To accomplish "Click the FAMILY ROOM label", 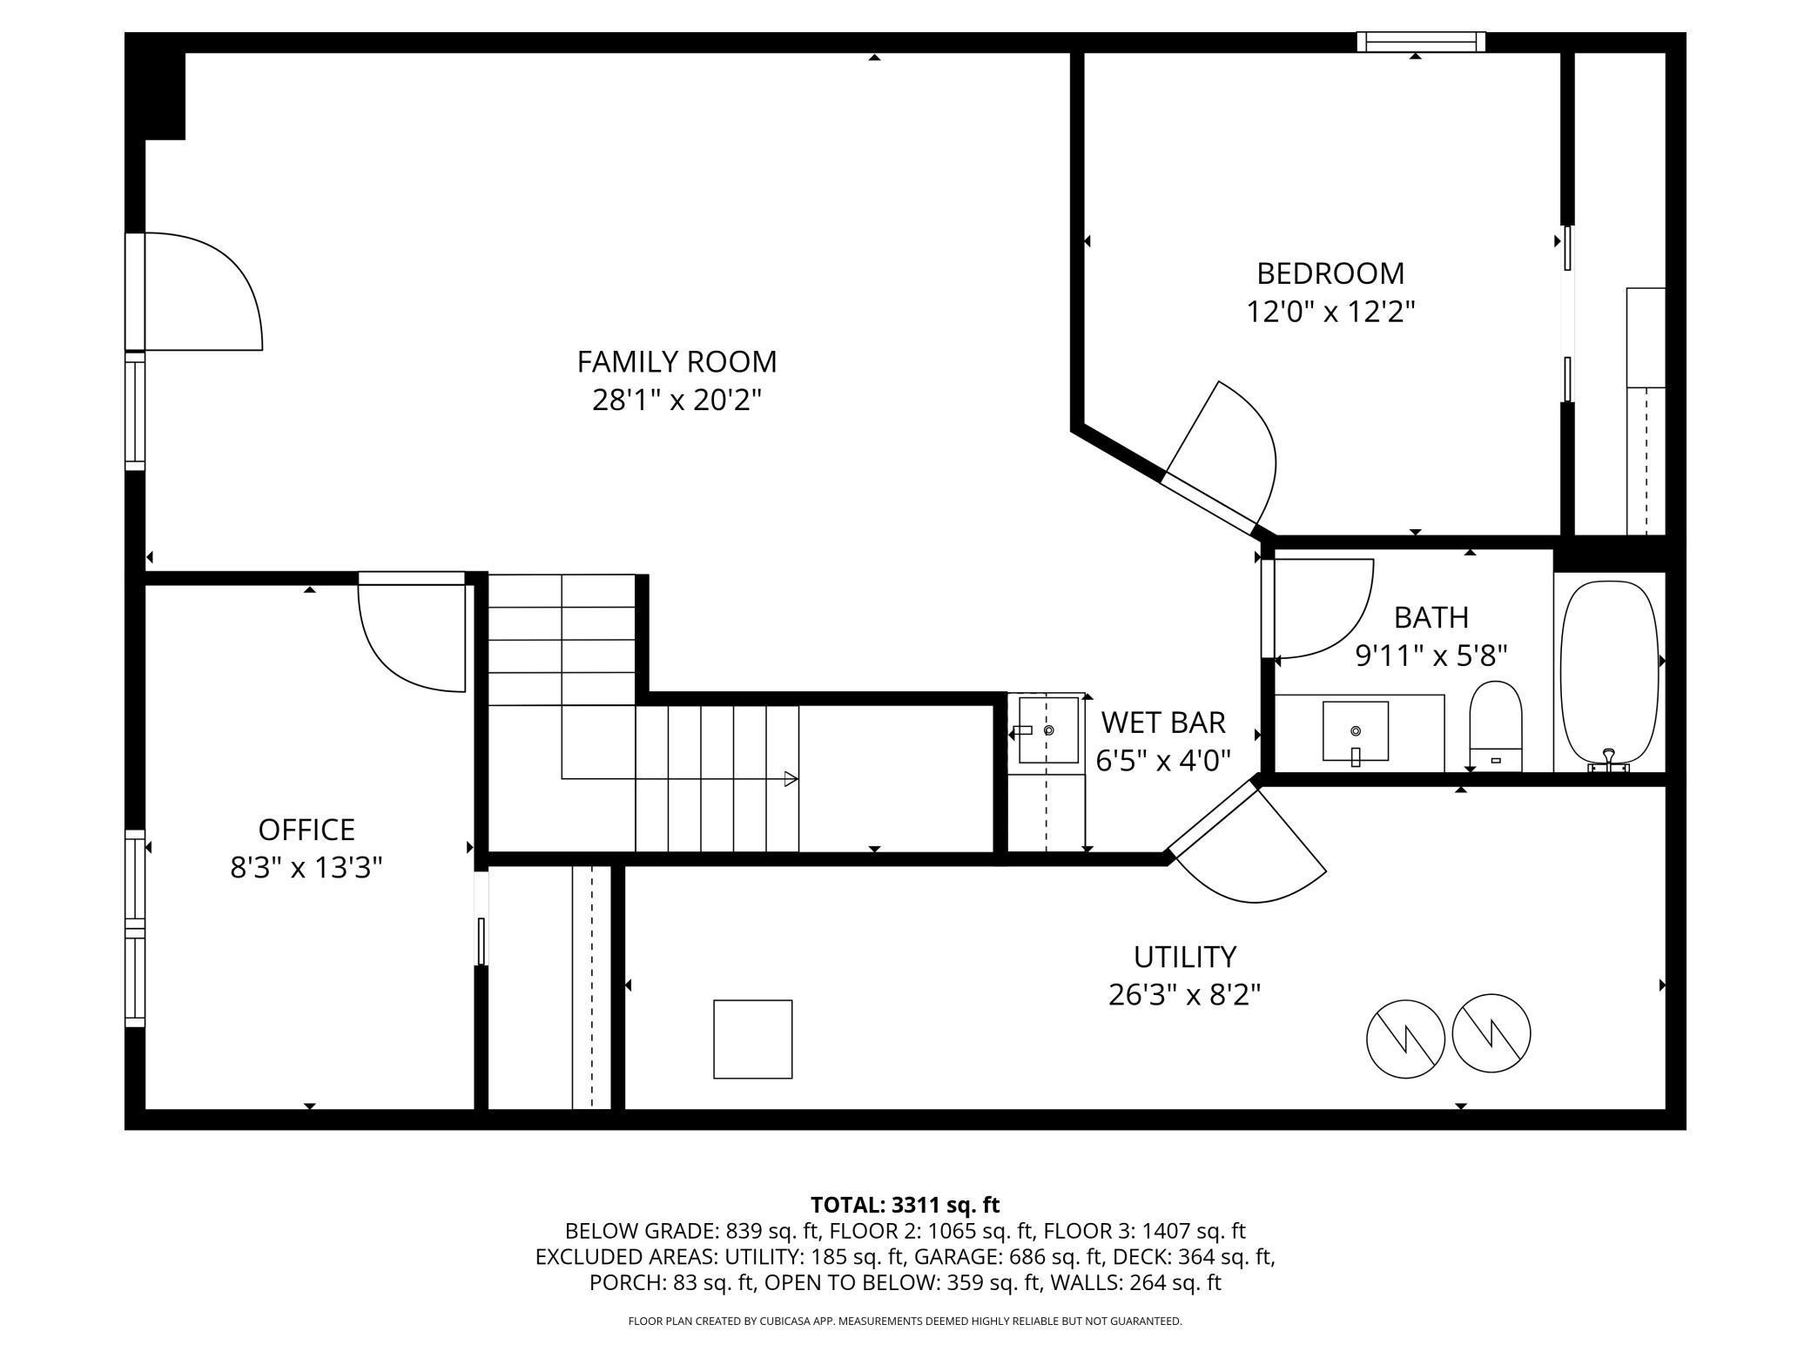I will point(677,361).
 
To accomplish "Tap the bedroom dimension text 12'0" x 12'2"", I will point(1330,312).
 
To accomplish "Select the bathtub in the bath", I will point(1609,672).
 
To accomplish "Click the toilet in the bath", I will point(1495,728).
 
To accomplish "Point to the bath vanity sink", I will point(1355,731).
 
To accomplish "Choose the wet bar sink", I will point(1048,729).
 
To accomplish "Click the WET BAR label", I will point(1162,723).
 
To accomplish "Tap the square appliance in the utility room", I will point(752,1039).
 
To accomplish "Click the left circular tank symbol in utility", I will point(1405,1039).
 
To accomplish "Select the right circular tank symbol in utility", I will point(1491,1033).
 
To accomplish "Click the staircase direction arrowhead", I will point(791,778).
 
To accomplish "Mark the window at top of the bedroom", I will point(1421,42).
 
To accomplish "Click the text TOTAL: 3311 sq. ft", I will point(905,1205).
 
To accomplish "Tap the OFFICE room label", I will point(306,830).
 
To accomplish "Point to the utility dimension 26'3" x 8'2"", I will point(1184,994).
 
